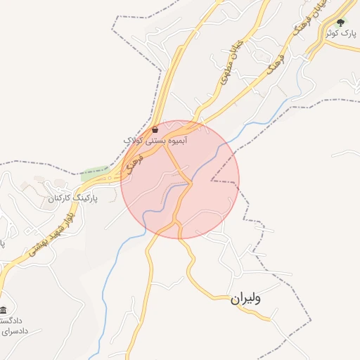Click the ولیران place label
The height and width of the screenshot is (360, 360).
tap(245, 299)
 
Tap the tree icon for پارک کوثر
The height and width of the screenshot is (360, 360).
tap(341, 23)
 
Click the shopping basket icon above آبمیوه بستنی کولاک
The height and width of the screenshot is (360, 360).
tap(155, 129)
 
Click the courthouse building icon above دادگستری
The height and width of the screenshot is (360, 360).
tap(4, 310)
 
